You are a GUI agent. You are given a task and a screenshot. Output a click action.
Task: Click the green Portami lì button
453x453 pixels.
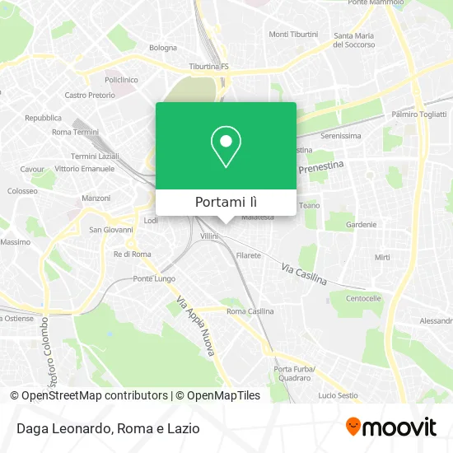(x=226, y=202)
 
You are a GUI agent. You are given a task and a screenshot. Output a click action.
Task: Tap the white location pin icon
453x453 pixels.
(x=226, y=147)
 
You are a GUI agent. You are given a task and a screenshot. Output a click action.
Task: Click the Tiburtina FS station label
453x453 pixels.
(x=207, y=66)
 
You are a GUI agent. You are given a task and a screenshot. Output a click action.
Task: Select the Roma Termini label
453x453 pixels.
(x=75, y=132)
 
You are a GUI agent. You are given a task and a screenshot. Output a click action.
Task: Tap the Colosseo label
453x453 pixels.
(x=22, y=190)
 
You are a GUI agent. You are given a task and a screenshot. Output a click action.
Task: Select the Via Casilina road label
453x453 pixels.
(x=304, y=274)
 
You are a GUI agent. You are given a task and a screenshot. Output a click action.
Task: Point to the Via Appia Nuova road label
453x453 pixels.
(x=197, y=325)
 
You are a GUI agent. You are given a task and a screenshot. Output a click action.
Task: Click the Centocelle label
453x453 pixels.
(x=363, y=297)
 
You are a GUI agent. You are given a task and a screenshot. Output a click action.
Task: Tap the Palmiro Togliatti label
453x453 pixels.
(x=418, y=114)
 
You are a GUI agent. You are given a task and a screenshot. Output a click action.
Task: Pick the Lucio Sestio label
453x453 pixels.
(x=337, y=373)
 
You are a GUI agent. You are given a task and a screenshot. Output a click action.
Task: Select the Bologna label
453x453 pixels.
(x=162, y=48)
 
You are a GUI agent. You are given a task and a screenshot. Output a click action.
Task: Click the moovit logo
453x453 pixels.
(x=390, y=427)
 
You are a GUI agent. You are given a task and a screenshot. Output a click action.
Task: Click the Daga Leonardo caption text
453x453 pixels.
(x=62, y=428)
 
